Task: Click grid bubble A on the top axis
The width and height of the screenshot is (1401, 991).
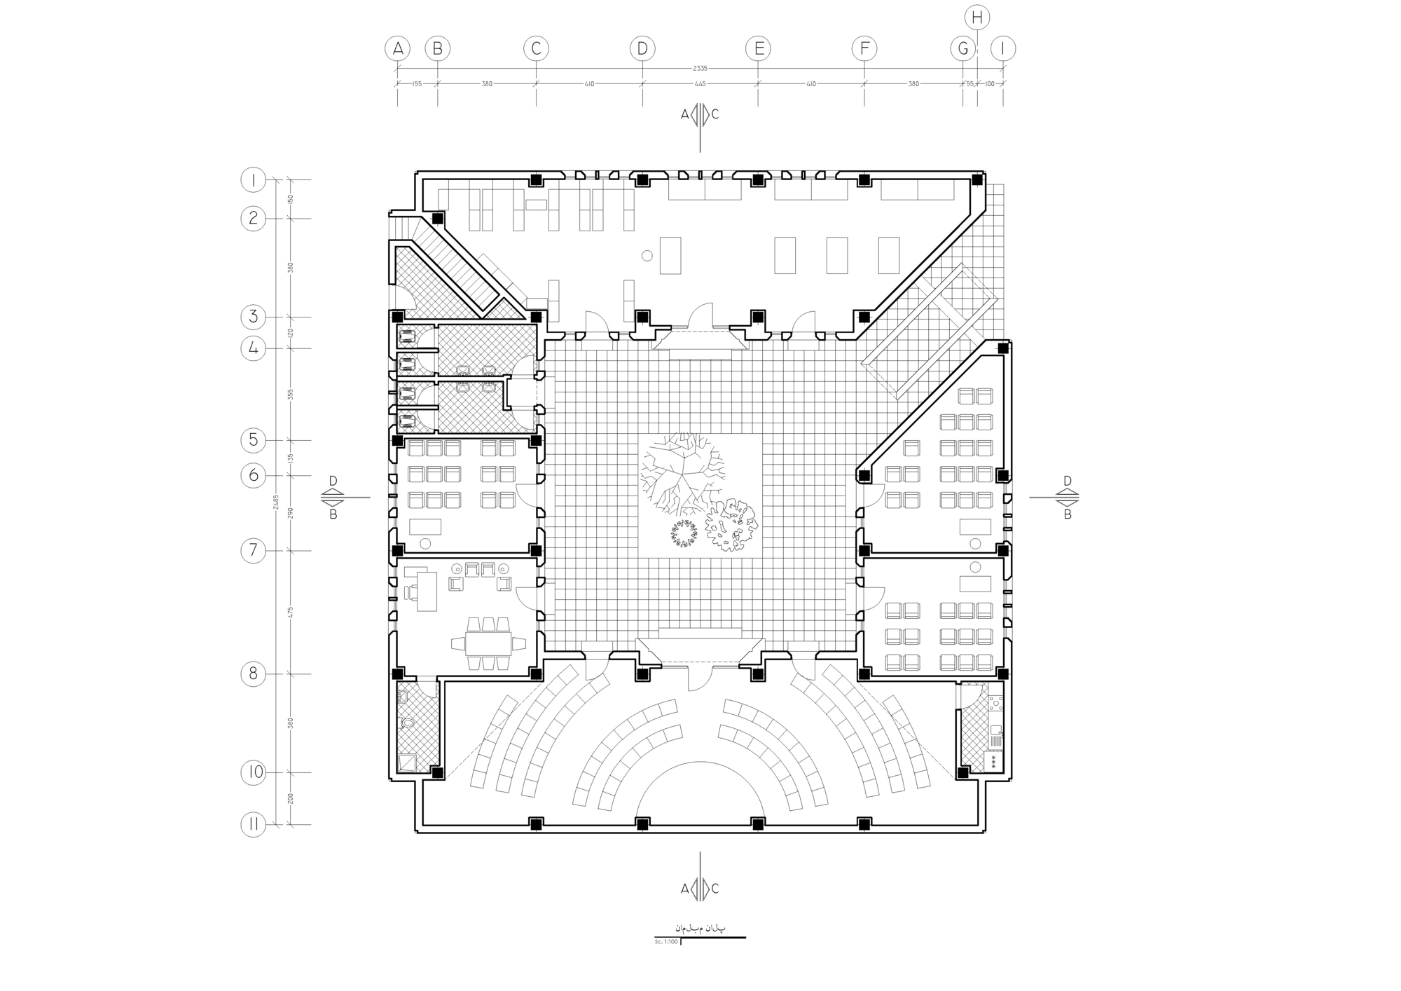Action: click(397, 48)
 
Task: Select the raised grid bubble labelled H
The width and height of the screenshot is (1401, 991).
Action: click(976, 18)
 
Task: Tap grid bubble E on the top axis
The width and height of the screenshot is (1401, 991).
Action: click(757, 48)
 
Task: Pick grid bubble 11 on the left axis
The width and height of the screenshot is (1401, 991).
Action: click(253, 824)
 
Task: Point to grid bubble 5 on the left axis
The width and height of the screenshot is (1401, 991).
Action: click(253, 440)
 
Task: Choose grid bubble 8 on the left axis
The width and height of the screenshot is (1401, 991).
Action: click(253, 674)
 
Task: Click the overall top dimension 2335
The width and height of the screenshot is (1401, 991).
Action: click(700, 68)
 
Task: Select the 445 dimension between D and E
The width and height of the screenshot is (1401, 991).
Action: click(700, 83)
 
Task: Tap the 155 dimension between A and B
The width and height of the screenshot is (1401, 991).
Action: click(417, 83)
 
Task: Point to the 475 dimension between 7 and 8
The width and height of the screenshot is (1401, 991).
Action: click(290, 612)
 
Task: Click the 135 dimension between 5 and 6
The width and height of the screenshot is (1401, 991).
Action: click(290, 458)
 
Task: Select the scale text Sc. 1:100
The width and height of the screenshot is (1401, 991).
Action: click(666, 941)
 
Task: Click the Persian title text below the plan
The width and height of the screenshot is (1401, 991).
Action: click(700, 928)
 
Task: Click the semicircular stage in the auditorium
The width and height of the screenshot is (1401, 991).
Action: click(700, 792)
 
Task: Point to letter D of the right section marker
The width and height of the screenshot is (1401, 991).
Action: click(1068, 481)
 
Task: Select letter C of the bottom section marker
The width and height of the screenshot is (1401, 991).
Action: click(715, 889)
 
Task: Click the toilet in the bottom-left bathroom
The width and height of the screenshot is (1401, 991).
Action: click(407, 723)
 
